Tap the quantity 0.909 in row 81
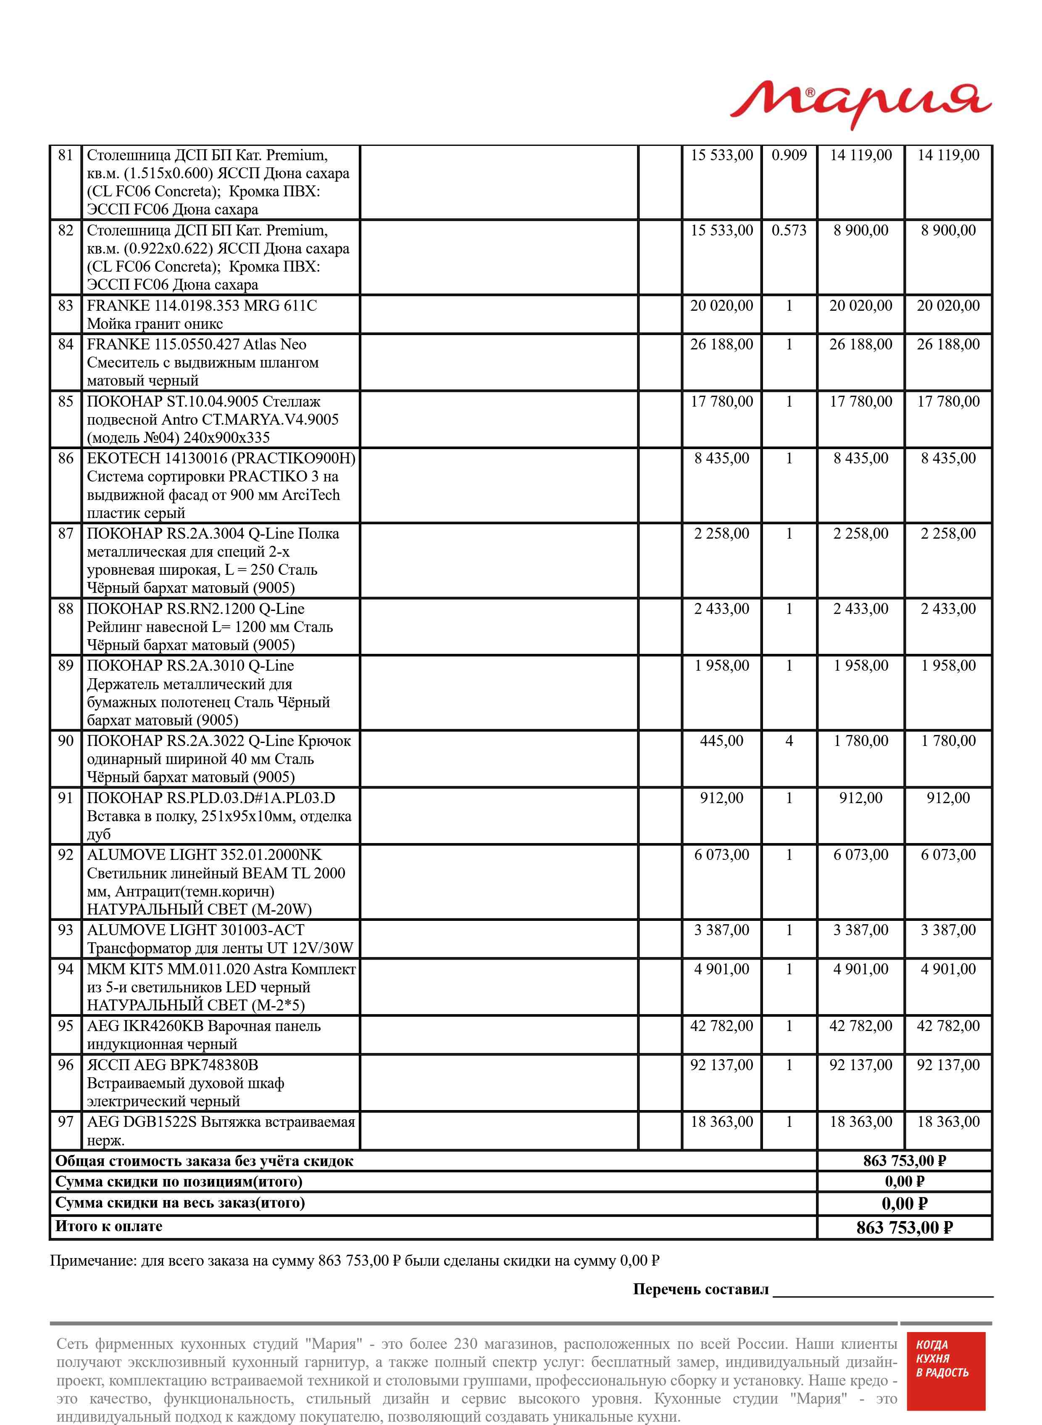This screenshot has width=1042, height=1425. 789,155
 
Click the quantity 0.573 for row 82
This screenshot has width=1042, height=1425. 789,230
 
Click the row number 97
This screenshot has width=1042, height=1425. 66,1122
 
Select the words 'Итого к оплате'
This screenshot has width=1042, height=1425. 108,1226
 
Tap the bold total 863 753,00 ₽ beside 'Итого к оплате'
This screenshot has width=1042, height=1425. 904,1227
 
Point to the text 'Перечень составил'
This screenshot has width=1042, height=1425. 700,1289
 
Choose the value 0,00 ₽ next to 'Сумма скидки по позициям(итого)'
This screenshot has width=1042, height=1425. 904,1182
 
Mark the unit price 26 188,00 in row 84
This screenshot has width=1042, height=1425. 721,344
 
